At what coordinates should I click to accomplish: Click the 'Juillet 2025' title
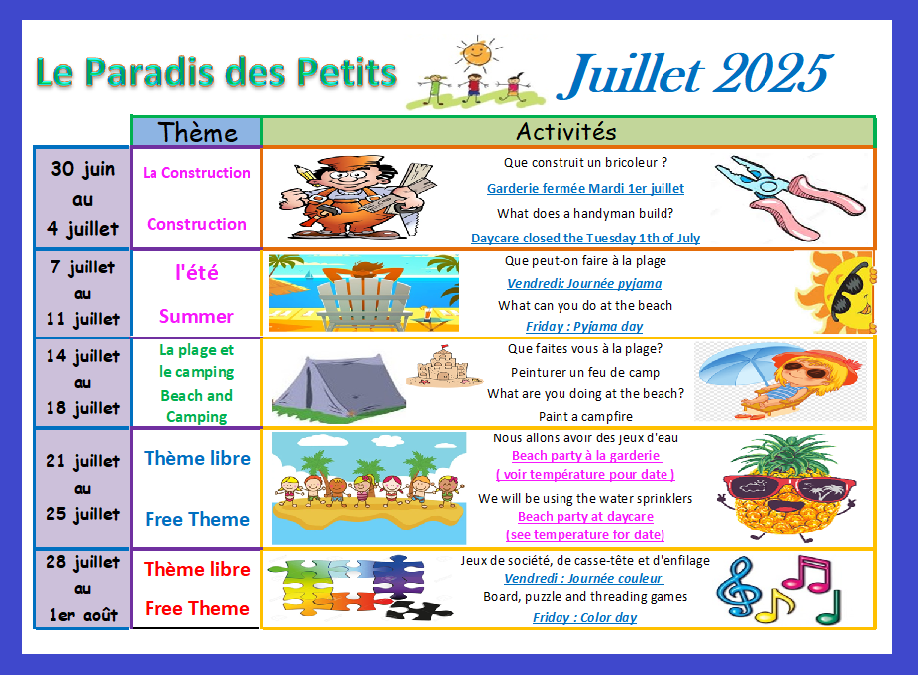click(x=695, y=74)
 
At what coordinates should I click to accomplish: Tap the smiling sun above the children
click(x=477, y=53)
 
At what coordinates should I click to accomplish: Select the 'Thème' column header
click(x=197, y=132)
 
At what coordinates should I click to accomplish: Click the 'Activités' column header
click(x=566, y=132)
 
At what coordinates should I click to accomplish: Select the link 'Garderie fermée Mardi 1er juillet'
click(x=585, y=188)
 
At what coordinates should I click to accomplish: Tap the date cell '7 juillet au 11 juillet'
click(x=82, y=293)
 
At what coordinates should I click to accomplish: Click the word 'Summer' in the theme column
click(x=197, y=317)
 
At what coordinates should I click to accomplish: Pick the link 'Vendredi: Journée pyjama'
click(x=584, y=284)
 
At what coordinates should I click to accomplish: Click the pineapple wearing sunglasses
click(x=788, y=488)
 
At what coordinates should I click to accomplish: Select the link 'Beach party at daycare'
click(x=585, y=517)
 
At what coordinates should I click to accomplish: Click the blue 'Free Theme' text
click(x=197, y=519)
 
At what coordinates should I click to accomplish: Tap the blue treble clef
click(x=739, y=587)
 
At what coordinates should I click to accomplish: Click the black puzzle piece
click(x=420, y=610)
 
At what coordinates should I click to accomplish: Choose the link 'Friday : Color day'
click(x=585, y=617)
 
